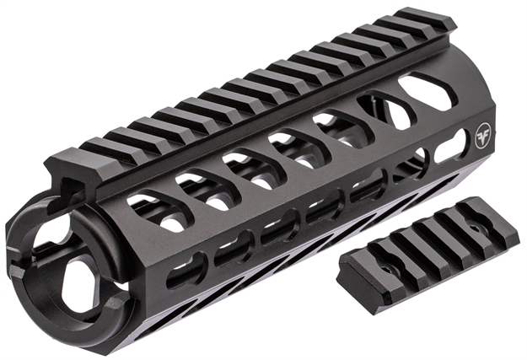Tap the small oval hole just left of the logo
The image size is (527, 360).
click(449, 149)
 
